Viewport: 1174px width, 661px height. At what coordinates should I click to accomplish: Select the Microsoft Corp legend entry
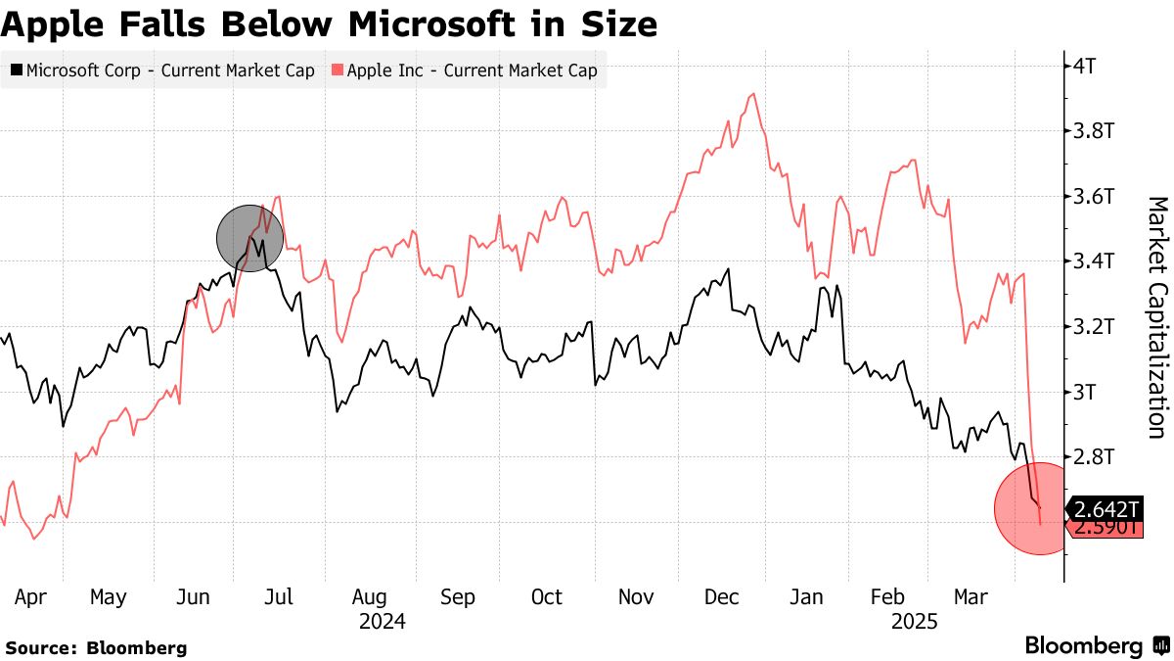click(x=162, y=71)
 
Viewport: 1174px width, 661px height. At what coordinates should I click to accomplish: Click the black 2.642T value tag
click(x=1106, y=509)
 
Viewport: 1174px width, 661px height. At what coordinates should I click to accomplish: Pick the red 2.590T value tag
click(x=1106, y=528)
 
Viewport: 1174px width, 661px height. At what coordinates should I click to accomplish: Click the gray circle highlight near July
click(x=249, y=238)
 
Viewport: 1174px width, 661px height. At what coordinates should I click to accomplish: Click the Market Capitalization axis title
click(x=1156, y=316)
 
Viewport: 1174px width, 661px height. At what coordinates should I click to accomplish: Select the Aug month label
click(x=369, y=597)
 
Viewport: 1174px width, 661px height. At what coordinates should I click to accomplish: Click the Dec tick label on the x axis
click(x=723, y=597)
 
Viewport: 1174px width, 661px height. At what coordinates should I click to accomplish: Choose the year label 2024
click(x=382, y=621)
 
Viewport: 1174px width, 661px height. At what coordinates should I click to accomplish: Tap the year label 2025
click(x=914, y=621)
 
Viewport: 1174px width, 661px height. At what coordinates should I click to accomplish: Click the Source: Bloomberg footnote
click(x=96, y=647)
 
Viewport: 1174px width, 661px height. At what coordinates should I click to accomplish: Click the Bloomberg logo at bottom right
click(x=1096, y=645)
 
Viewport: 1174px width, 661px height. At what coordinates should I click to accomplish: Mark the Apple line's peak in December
click(x=752, y=94)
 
